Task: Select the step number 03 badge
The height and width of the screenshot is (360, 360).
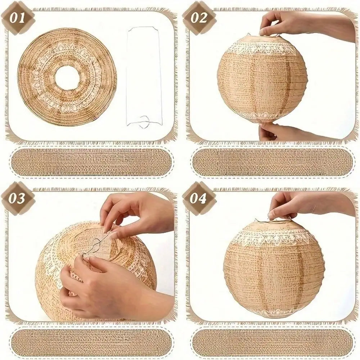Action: pyautogui.click(x=18, y=198)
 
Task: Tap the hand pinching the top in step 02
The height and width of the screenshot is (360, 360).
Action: pyautogui.click(x=305, y=25)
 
